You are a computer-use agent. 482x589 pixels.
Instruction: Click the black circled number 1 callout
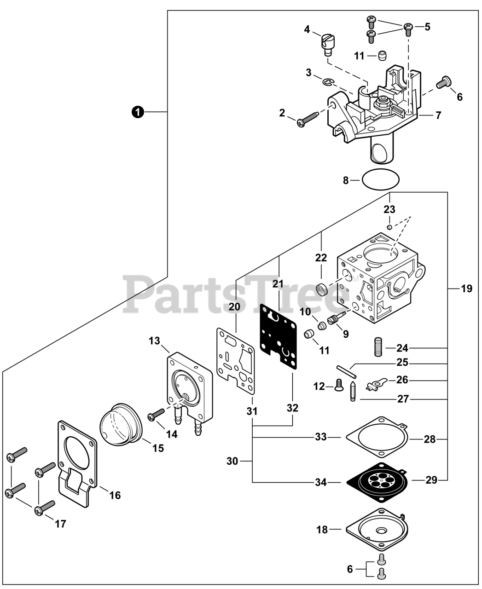click(137, 112)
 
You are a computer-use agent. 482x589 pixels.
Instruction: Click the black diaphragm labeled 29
click(376, 480)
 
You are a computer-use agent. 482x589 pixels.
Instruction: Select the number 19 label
click(466, 289)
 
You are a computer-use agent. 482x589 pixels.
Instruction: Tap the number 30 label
click(232, 461)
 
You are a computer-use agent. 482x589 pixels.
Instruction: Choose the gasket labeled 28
click(376, 437)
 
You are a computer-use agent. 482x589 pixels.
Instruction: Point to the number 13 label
click(154, 341)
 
